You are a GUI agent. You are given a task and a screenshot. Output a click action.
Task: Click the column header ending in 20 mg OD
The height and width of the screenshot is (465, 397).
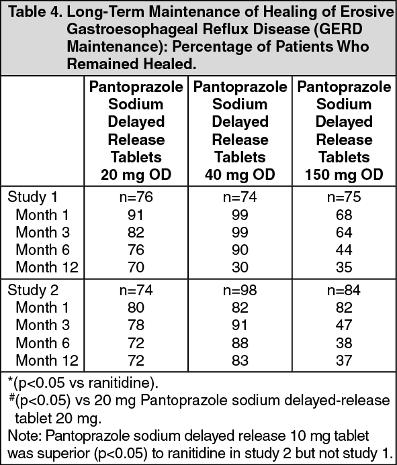click(136, 131)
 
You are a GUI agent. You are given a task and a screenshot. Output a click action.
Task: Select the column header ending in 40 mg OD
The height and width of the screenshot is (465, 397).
click(240, 131)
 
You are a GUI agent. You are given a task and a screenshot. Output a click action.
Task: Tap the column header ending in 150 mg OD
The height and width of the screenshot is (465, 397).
click(344, 131)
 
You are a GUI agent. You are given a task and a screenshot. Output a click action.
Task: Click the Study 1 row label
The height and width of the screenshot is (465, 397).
click(32, 197)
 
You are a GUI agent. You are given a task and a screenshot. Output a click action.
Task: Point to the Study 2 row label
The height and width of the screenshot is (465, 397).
click(33, 290)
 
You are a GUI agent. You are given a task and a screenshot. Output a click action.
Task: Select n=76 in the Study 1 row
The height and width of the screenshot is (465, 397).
click(136, 197)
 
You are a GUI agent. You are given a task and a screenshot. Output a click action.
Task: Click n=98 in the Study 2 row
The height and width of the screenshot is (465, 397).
click(240, 290)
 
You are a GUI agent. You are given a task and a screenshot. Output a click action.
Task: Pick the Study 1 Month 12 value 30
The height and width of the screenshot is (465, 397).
click(240, 267)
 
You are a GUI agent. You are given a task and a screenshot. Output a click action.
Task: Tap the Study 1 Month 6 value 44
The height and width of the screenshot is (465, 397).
click(344, 250)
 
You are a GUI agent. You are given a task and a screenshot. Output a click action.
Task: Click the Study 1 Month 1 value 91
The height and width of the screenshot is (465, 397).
click(136, 215)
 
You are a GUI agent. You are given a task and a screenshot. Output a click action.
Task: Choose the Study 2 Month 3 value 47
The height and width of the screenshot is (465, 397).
click(344, 325)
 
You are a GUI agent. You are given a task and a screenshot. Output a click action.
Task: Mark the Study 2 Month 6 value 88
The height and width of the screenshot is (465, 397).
click(240, 343)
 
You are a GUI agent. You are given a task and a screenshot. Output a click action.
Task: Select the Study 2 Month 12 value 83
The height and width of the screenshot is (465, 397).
click(240, 360)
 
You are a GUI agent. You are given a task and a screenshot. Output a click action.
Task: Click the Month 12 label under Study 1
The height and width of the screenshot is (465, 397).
click(47, 267)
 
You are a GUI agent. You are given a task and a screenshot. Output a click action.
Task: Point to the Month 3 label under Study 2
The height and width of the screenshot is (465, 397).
click(42, 325)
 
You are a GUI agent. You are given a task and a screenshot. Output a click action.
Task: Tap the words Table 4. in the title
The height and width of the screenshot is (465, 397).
click(36, 12)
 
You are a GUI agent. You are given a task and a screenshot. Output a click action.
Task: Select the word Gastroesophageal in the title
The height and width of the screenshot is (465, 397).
click(132, 29)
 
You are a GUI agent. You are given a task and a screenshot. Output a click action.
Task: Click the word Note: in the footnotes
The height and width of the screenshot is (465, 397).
click(25, 436)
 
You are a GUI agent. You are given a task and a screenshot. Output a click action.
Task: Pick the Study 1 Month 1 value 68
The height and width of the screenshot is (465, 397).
click(344, 215)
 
